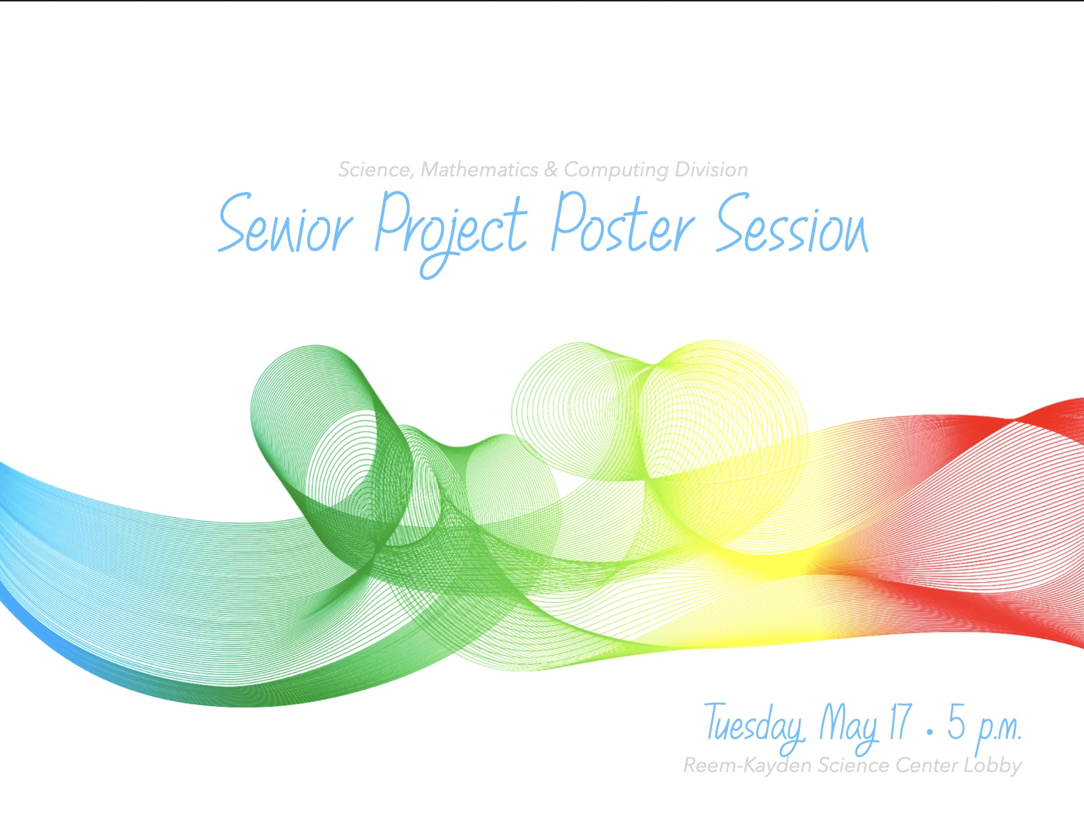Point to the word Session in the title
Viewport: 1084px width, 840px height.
pyautogui.click(x=792, y=222)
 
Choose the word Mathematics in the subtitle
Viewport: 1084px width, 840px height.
pyautogui.click(x=480, y=170)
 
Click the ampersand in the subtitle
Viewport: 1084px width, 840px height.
pyautogui.click(x=551, y=170)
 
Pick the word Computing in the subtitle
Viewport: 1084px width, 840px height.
pyautogui.click(x=615, y=171)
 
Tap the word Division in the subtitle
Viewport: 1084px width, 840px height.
pyautogui.click(x=711, y=170)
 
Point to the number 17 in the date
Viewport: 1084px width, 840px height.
pyautogui.click(x=900, y=721)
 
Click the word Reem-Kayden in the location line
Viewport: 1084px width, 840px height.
pyautogui.click(x=747, y=766)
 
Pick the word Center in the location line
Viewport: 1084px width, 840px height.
pyautogui.click(x=926, y=766)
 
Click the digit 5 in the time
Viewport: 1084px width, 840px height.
pyautogui.click(x=956, y=721)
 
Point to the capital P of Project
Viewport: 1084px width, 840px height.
pyautogui.click(x=392, y=220)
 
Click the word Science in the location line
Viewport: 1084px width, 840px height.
pyautogui.click(x=853, y=766)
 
